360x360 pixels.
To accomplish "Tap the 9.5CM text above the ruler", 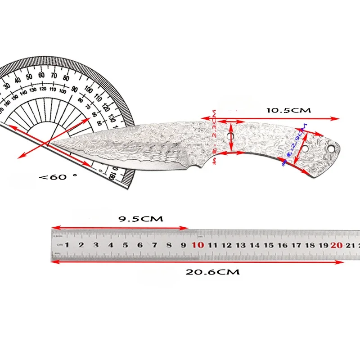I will [x=140, y=219].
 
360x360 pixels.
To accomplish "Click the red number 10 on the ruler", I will [x=198, y=245].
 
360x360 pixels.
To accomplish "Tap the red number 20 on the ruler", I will [x=336, y=245].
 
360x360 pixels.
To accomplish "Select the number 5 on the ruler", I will [x=126, y=245].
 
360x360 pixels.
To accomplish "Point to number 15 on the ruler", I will [x=269, y=245].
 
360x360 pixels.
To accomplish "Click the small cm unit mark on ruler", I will [x=59, y=245].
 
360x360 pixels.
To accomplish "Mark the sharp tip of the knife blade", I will [x=49, y=144].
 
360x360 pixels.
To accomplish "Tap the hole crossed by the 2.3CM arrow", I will [x=230, y=136].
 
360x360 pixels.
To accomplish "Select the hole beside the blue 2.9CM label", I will [x=305, y=147].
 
